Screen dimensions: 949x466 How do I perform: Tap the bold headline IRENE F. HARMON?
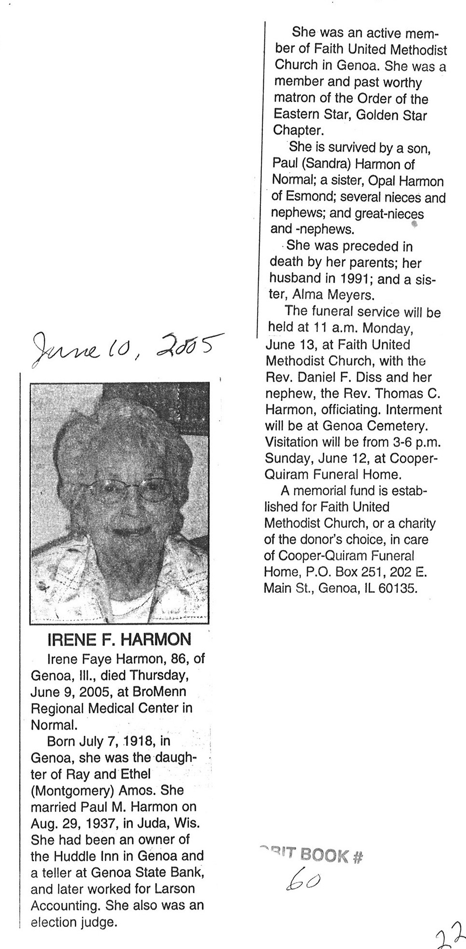pyautogui.click(x=119, y=640)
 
